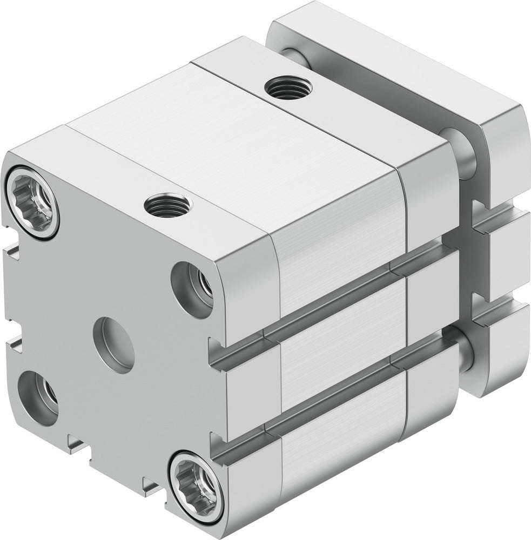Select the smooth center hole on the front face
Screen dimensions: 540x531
pyautogui.click(x=113, y=344)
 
